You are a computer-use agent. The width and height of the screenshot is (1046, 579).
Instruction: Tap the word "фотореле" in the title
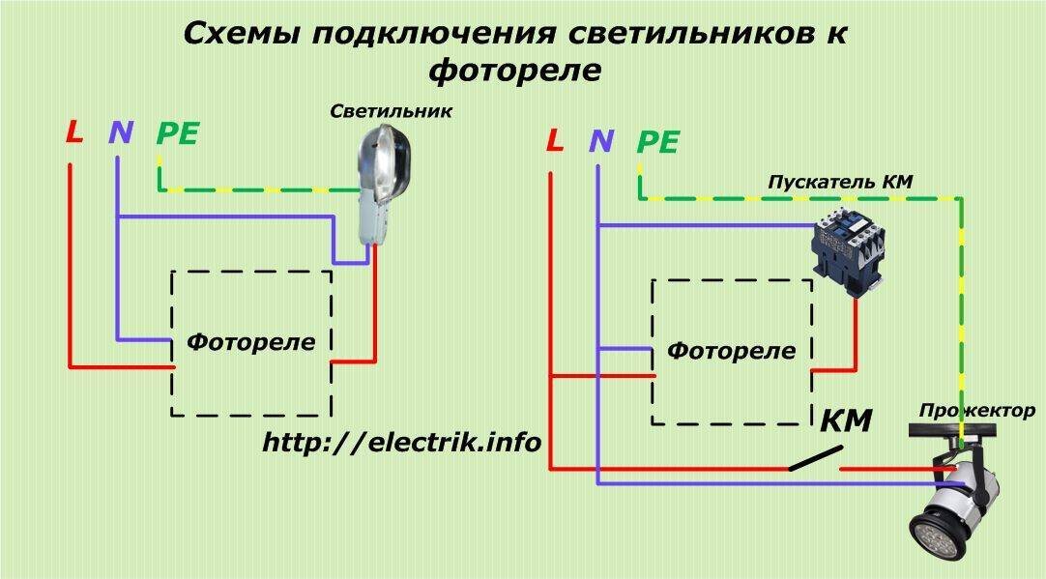click(514, 71)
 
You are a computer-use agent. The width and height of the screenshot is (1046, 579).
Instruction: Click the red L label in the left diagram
click(74, 132)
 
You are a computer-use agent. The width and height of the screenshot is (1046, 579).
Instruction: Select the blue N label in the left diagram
click(121, 132)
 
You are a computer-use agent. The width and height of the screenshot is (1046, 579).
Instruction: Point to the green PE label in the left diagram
click(178, 134)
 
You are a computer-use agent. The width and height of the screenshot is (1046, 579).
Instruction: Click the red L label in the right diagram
click(554, 141)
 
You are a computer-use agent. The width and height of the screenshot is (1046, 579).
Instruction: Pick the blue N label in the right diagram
click(601, 141)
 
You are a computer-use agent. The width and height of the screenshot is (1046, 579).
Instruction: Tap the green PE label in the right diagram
click(658, 143)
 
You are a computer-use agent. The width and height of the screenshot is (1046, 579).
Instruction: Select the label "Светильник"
click(391, 111)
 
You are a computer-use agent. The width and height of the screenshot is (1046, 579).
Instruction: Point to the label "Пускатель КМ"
click(840, 182)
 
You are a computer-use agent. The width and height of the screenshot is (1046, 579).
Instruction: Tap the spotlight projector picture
click(957, 498)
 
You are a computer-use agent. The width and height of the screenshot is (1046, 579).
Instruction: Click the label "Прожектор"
click(977, 411)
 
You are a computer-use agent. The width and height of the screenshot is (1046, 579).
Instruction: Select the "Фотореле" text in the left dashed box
click(251, 341)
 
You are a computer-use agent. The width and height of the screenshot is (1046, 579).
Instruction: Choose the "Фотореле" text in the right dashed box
click(732, 350)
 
